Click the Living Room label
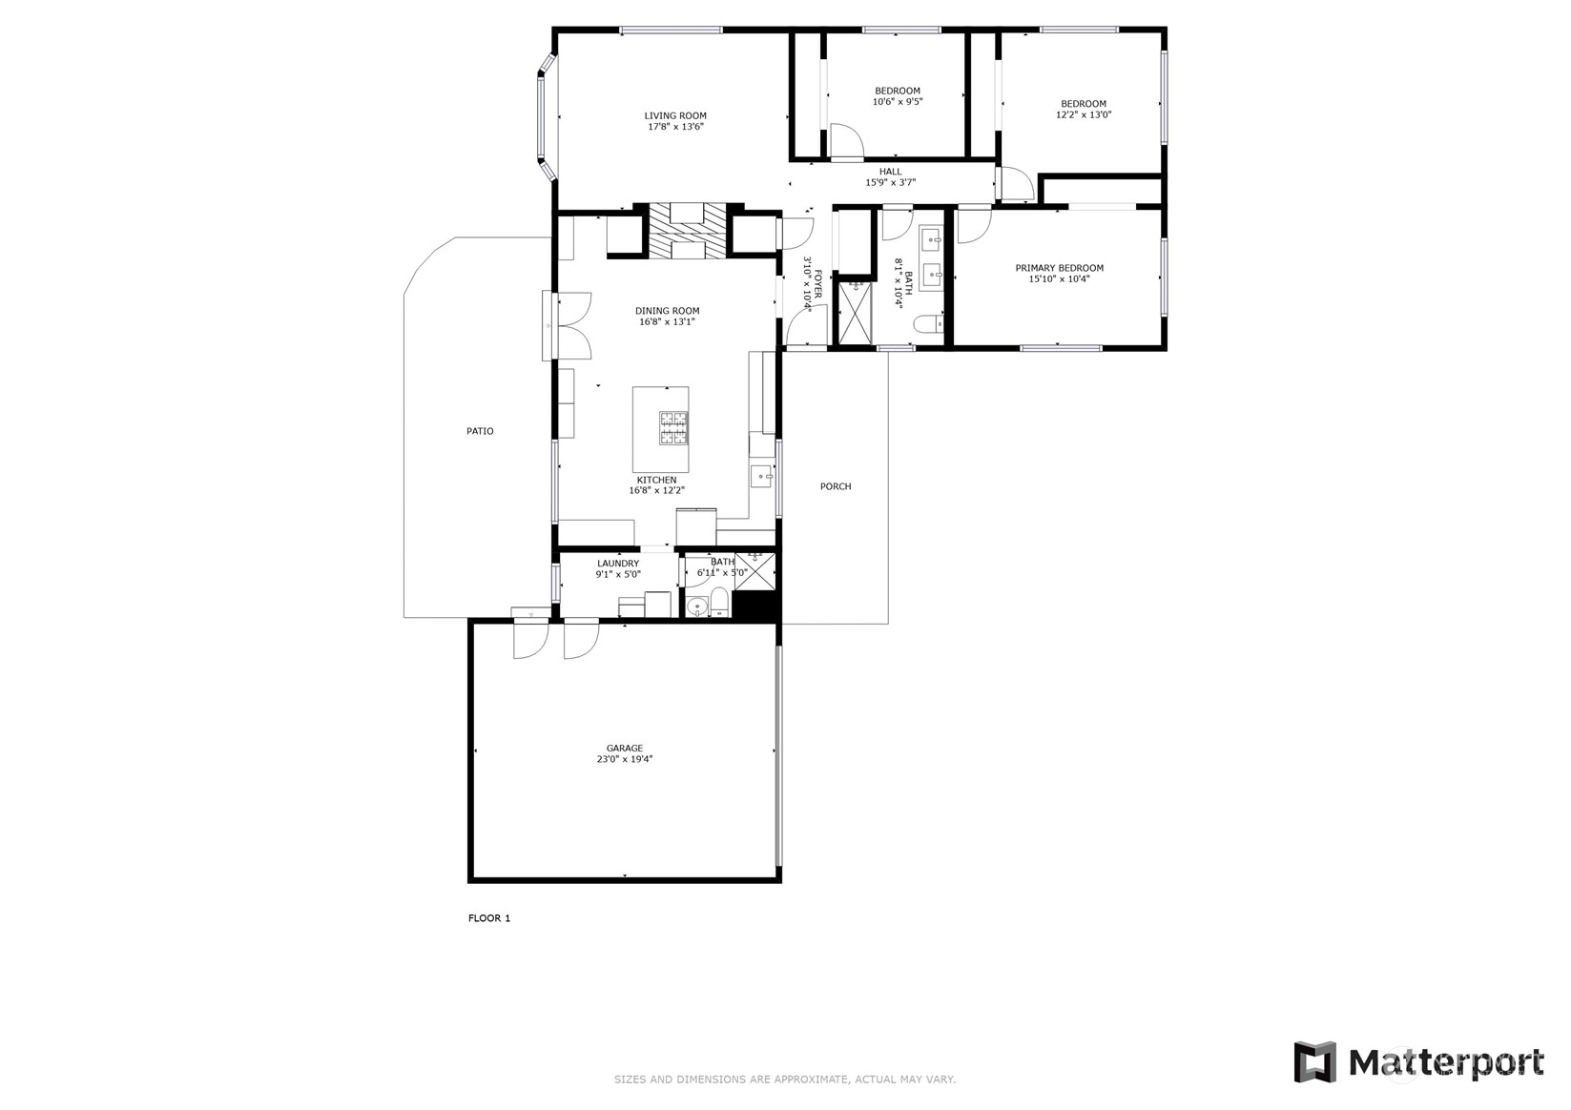[x=675, y=115]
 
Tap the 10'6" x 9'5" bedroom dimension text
[x=898, y=101]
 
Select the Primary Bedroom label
[x=1059, y=268]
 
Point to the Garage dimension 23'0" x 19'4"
[x=625, y=759]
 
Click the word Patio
[x=480, y=431]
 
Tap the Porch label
[x=836, y=486]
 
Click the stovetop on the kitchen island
[x=672, y=427]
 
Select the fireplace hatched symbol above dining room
[x=688, y=231]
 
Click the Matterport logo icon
[x=1314, y=1061]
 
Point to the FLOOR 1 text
[x=489, y=918]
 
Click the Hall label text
[x=890, y=172]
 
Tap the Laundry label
[x=618, y=564]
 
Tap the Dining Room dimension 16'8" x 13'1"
[x=667, y=322]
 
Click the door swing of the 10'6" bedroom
[x=845, y=141]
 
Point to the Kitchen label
[x=656, y=480]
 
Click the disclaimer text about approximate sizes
[x=784, y=1079]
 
